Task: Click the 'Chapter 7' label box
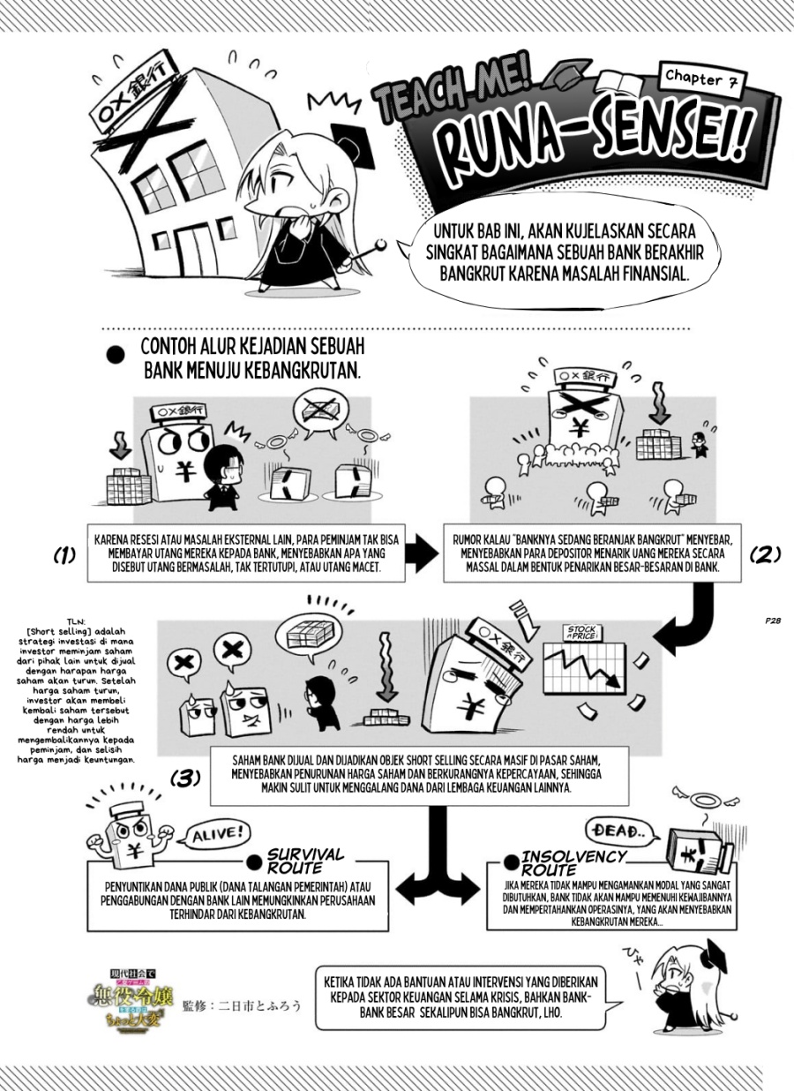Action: tap(699, 79)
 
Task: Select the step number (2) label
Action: tap(765, 554)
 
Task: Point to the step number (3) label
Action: tap(185, 779)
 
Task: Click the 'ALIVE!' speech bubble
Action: tap(217, 835)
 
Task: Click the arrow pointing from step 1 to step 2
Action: tap(421, 553)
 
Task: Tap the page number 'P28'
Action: tap(773, 621)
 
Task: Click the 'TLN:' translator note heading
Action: tap(77, 621)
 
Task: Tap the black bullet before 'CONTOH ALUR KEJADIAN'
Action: tap(116, 355)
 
